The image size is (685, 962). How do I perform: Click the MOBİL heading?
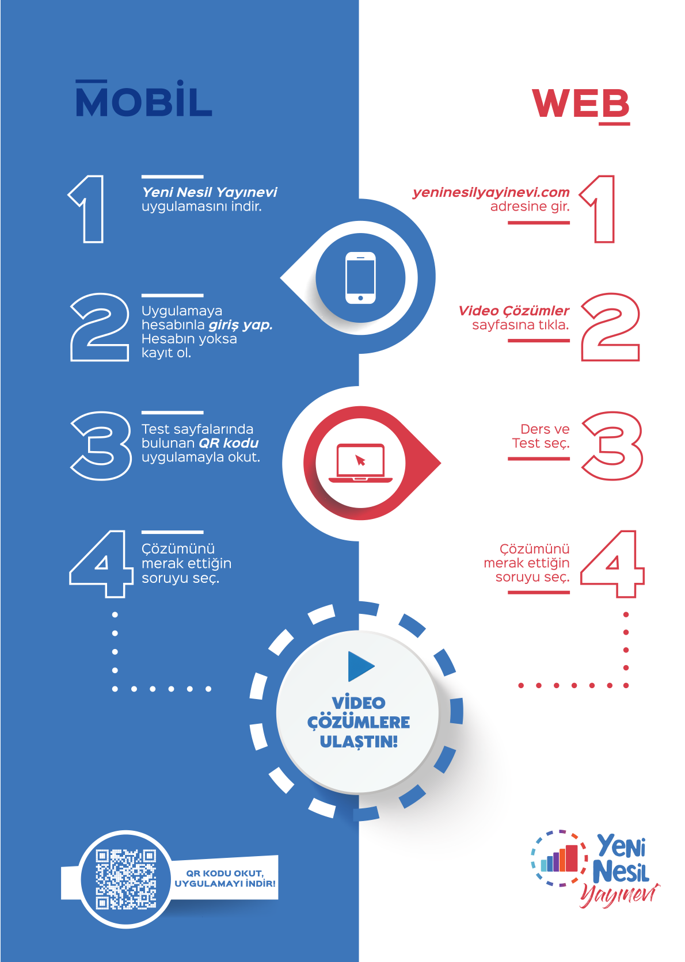coord(144,101)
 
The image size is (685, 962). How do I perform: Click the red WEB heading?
coord(580,104)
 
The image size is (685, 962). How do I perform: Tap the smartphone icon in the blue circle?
coord(360,278)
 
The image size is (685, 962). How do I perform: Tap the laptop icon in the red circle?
coord(360,463)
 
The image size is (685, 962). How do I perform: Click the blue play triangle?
coord(360,667)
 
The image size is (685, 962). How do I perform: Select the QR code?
coord(125,879)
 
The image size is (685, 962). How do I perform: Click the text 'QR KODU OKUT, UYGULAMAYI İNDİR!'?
coord(225,879)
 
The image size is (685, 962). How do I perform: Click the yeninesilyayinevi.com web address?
coord(491,192)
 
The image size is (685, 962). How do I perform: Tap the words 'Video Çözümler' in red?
coord(513,311)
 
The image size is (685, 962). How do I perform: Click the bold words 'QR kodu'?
coord(229,443)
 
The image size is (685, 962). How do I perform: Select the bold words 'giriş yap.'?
coord(240,325)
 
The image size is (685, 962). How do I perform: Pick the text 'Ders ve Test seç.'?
coord(541,436)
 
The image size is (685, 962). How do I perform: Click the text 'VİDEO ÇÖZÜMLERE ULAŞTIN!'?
coord(359,722)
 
